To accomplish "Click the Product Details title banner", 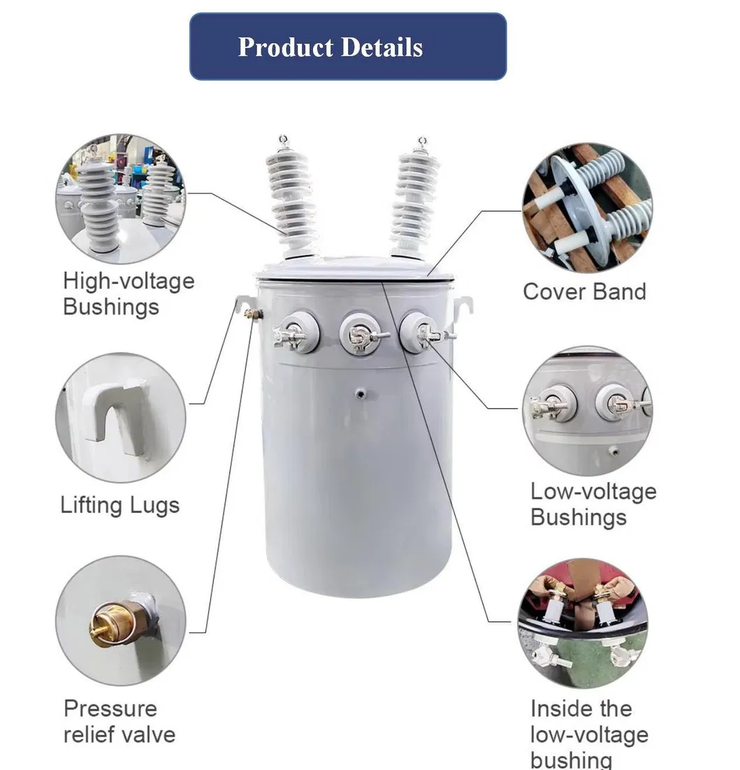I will coord(347,47).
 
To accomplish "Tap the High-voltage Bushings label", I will coord(128,293).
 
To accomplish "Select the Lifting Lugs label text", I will coord(119,504).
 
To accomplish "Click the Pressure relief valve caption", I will coord(119,721).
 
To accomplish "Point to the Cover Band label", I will coord(584,291).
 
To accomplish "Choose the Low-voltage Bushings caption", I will coord(593,504).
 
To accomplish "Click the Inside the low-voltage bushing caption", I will coord(588,734).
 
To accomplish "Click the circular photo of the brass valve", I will coord(120,620).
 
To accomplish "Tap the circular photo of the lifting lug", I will coord(120,418).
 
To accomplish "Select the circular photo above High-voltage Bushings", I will coord(120,198).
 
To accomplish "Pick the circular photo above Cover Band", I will coord(586,208).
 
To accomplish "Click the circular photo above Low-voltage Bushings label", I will coord(586,411).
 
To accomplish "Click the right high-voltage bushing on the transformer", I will coord(415,197).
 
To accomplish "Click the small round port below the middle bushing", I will coord(361,395).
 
